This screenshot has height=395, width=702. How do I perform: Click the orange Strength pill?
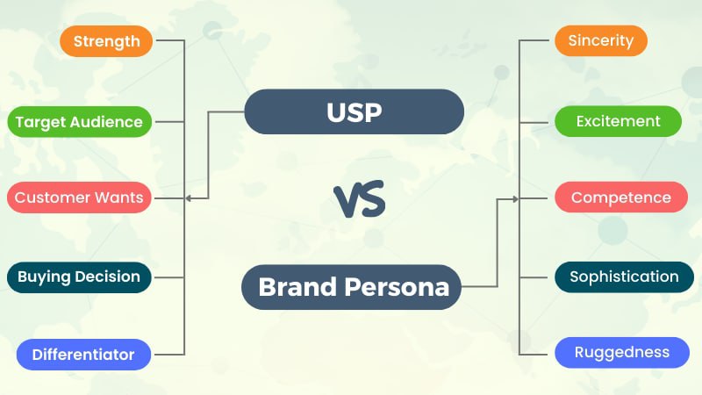106,41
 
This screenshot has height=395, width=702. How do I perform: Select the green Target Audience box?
79,122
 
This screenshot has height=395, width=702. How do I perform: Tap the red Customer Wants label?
79,197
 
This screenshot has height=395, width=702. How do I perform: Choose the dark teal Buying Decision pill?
79,277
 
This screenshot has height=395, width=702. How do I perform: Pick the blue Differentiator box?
83,355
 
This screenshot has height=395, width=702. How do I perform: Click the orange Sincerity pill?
601,41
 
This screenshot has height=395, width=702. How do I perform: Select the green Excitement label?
618,121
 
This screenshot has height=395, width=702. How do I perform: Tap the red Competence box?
620,197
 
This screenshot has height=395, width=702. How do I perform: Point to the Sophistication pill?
624,277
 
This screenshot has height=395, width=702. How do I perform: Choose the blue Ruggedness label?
622,353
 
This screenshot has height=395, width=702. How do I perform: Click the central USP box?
354,111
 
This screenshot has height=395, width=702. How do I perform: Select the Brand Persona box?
353,286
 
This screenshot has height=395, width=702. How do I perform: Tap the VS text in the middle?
360,200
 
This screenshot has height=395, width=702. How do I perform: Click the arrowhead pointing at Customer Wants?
189,198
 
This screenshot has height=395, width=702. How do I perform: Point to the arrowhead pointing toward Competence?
515,199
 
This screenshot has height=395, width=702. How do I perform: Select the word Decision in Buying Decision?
106,277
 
